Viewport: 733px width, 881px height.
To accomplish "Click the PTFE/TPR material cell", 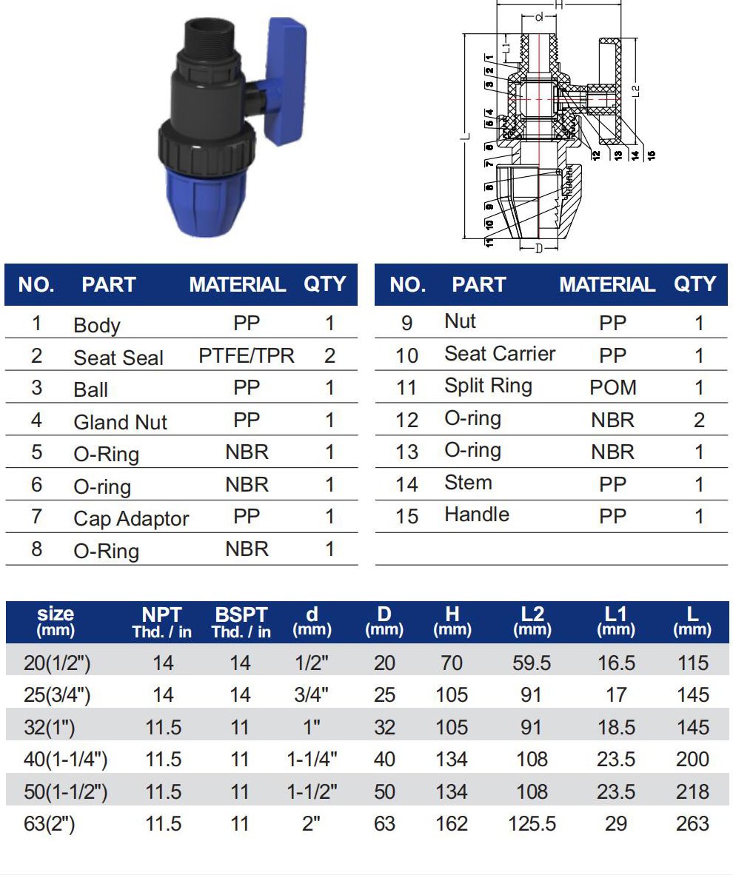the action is tap(247, 355).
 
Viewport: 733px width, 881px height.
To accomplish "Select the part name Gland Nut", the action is tap(120, 422).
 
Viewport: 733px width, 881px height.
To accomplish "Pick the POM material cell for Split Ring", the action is tap(613, 387).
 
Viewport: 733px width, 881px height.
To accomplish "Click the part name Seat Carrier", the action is tap(500, 353).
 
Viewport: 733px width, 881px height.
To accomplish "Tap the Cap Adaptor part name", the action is tap(131, 518).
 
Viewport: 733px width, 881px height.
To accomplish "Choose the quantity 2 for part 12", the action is tap(699, 420).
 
